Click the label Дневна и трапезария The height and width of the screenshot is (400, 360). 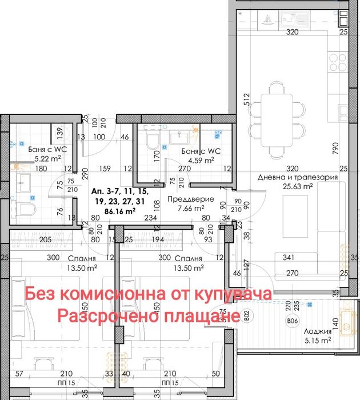click(x=297, y=177)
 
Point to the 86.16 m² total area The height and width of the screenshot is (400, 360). click(x=118, y=211)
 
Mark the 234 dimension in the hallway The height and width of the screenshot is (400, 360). click(x=150, y=217)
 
